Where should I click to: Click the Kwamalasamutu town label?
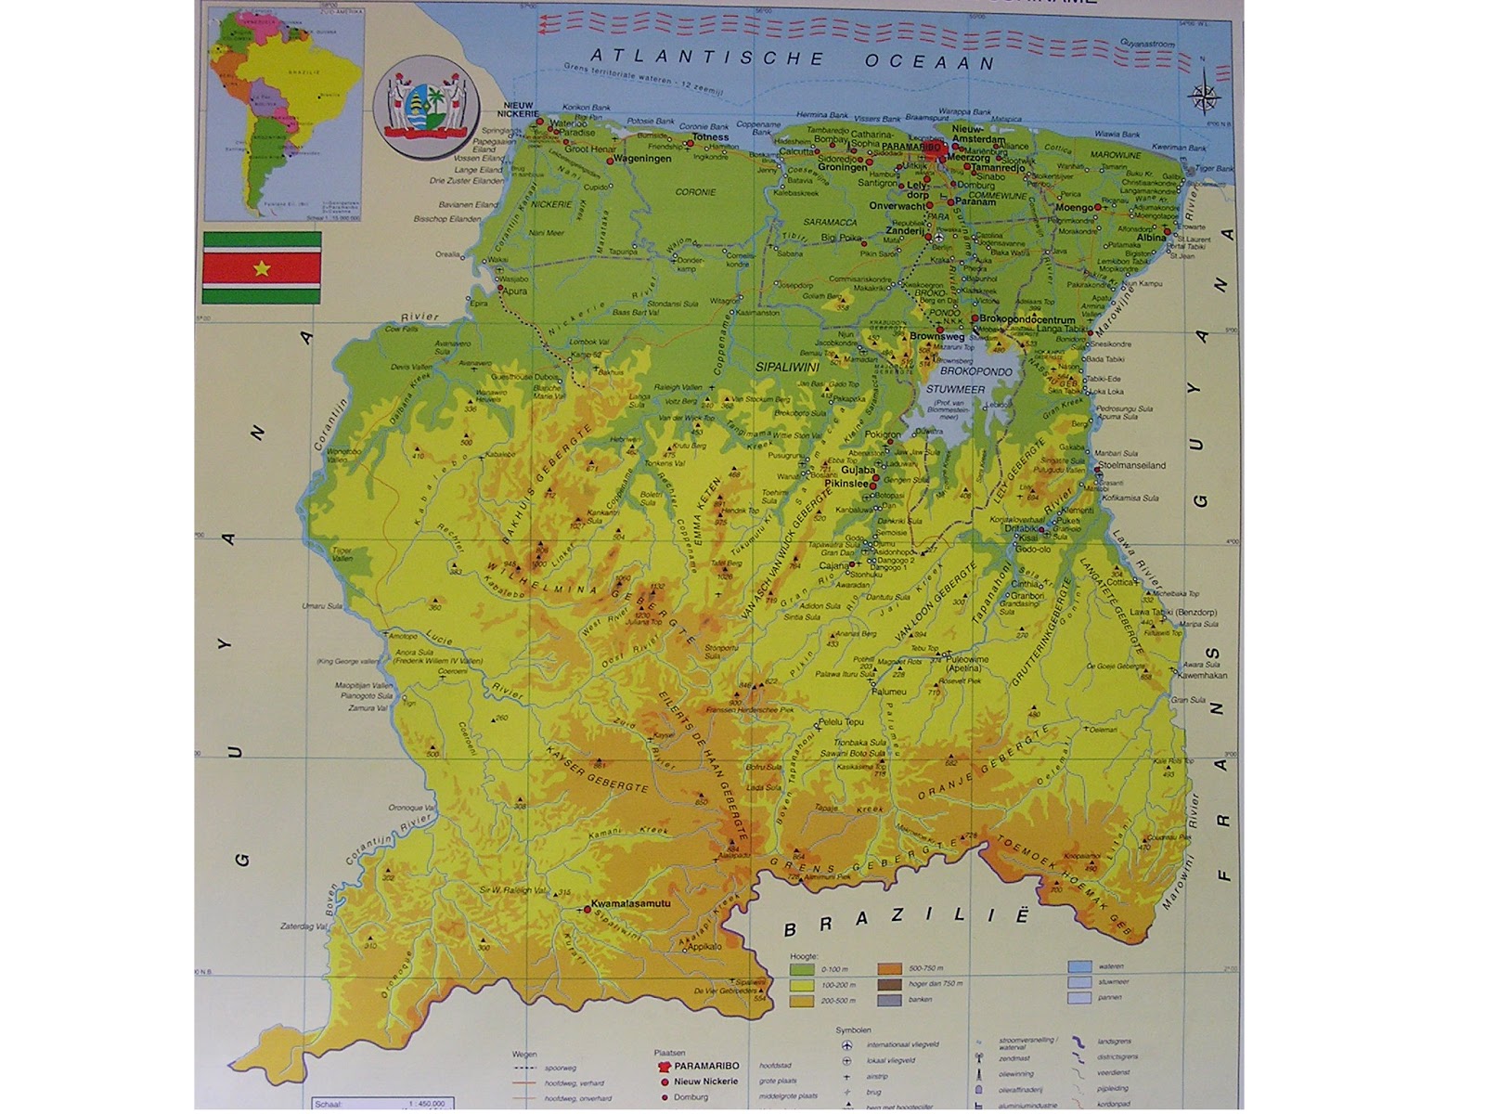coord(630,902)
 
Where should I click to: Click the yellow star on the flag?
coord(262,268)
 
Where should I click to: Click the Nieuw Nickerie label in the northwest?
coord(519,110)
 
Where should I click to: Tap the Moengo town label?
coord(1074,207)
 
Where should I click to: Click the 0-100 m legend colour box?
coord(802,968)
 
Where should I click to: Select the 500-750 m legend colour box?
coord(890,968)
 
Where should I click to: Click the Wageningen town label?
coord(642,159)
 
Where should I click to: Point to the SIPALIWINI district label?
coord(786,368)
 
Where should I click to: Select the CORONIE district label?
coord(696,192)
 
